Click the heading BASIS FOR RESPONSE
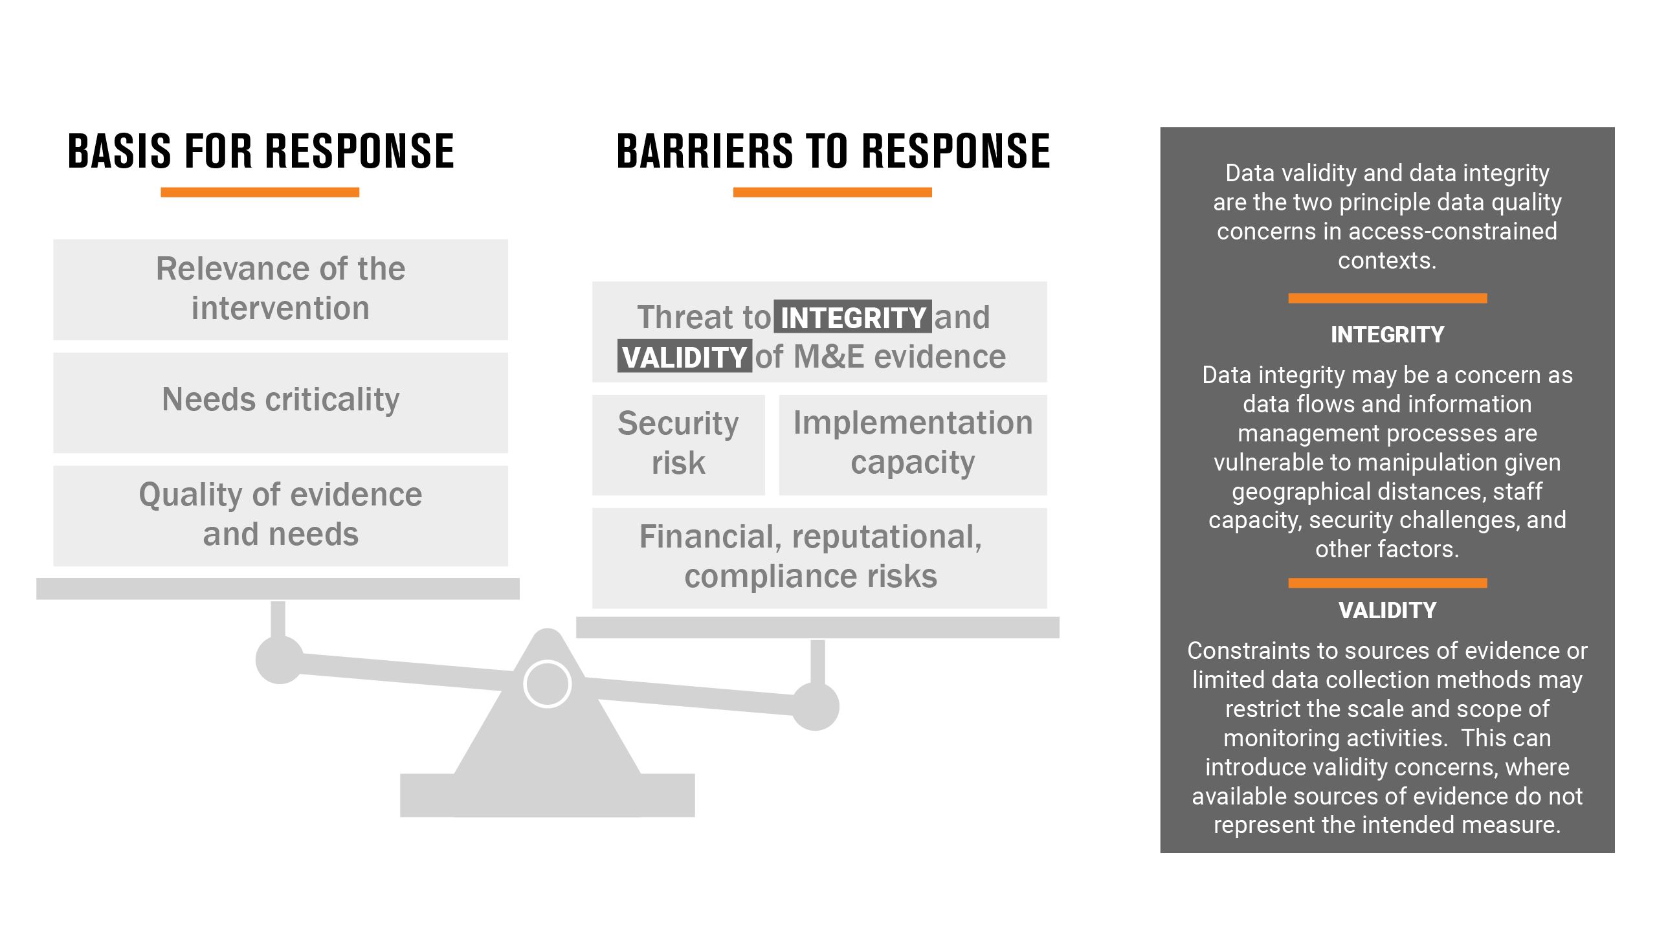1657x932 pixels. tap(261, 151)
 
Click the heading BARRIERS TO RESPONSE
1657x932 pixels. tap(833, 151)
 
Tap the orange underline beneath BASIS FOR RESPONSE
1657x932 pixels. tap(260, 192)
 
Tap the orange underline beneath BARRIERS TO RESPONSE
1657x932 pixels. tap(832, 192)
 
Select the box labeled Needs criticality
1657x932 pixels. tap(280, 403)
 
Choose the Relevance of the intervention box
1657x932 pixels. tap(280, 289)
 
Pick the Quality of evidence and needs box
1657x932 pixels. tap(280, 516)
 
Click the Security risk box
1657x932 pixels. tap(678, 445)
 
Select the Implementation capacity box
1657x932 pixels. tap(913, 445)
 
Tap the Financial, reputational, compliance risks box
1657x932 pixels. tap(819, 558)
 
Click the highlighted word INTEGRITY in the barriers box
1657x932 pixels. tap(853, 316)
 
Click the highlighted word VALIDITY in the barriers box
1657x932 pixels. tap(685, 356)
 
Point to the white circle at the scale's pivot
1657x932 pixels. tap(547, 684)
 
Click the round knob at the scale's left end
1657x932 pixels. tap(280, 660)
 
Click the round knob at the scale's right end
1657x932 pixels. tap(816, 706)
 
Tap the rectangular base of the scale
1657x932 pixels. tap(548, 795)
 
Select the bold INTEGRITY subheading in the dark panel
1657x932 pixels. tap(1387, 335)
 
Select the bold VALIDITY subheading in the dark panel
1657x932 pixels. tap(1387, 610)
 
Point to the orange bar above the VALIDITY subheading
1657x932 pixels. tap(1388, 583)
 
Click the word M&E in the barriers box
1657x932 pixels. tap(829, 357)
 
